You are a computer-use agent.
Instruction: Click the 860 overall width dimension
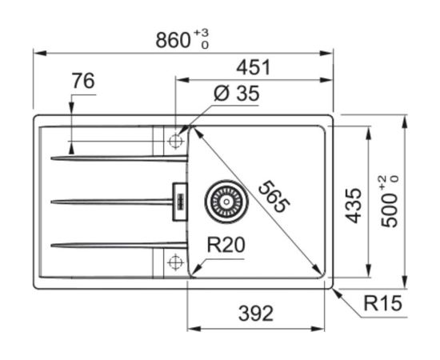pyautogui.click(x=173, y=40)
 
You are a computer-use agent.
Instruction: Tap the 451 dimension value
pyautogui.click(x=253, y=67)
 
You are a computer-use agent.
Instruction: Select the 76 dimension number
pyautogui.click(x=83, y=81)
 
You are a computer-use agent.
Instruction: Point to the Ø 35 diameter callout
pyautogui.click(x=236, y=93)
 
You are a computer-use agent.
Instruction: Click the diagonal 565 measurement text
pyautogui.click(x=274, y=197)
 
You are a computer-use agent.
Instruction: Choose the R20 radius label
pyautogui.click(x=226, y=245)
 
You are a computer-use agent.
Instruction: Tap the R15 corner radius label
pyautogui.click(x=382, y=303)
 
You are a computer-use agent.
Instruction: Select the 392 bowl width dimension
pyautogui.click(x=256, y=314)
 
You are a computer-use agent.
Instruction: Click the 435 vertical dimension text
pyautogui.click(x=353, y=206)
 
